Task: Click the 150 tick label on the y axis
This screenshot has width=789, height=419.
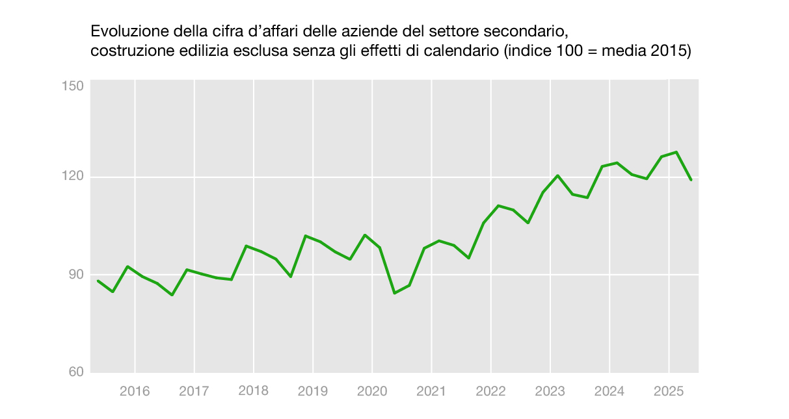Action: (73, 86)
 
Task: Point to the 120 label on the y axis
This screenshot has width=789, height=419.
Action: (73, 176)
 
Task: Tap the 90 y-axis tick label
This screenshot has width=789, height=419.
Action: (76, 274)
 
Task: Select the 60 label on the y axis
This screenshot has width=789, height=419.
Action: (76, 372)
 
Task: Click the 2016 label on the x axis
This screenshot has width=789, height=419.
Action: (135, 391)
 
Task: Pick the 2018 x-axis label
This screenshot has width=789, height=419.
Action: (254, 390)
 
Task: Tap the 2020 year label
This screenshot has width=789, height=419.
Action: (372, 391)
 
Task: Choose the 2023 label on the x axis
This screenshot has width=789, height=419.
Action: (550, 391)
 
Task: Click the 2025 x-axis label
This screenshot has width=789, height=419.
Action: (669, 391)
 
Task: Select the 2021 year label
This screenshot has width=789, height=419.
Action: (431, 391)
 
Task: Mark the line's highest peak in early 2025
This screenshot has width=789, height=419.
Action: (676, 152)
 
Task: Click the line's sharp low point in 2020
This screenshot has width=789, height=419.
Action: (394, 293)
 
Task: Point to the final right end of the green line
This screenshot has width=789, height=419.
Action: (691, 180)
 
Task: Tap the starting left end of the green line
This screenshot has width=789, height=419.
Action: (98, 281)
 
